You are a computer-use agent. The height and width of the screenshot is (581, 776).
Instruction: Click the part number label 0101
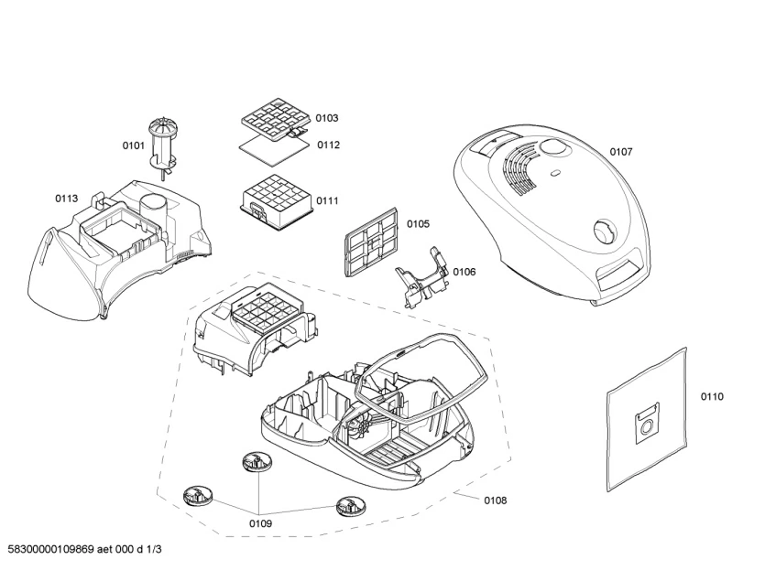tap(134, 145)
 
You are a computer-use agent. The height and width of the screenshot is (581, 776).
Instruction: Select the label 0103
tap(327, 118)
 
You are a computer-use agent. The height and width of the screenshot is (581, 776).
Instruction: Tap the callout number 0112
tap(329, 145)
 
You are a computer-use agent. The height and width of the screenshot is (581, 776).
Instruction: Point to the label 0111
tap(327, 200)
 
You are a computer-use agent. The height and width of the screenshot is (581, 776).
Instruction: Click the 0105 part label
tap(419, 223)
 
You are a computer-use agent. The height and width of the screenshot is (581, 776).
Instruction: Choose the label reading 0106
tap(464, 271)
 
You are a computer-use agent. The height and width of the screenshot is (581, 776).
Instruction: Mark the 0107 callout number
tap(621, 151)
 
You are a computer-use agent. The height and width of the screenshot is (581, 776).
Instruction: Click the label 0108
tap(495, 500)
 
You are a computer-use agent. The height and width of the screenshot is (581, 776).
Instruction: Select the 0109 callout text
tap(259, 523)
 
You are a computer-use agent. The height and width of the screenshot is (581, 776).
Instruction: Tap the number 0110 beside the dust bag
tap(712, 396)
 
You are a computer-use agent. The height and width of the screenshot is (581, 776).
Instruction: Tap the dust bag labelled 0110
tap(647, 416)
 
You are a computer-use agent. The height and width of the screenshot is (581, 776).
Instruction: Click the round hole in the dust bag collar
tap(648, 426)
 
